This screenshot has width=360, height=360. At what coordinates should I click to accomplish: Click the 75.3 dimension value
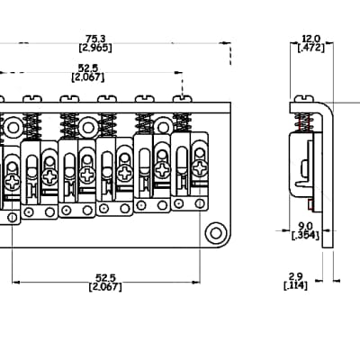tap(95, 39)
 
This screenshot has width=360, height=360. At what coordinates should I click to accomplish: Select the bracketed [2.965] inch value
tap(95, 48)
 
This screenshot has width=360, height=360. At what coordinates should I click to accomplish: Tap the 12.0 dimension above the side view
tap(311, 39)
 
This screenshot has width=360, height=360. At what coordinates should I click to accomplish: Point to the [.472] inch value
tap(311, 48)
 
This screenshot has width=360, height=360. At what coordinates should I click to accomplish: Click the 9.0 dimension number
tap(305, 226)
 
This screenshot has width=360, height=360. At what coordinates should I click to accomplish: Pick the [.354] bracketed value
tap(305, 235)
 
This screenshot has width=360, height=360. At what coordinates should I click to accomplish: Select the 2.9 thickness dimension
tap(295, 276)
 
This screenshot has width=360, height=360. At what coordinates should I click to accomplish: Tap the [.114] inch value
tap(296, 285)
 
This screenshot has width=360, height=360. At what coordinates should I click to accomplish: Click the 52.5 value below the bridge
tap(105, 278)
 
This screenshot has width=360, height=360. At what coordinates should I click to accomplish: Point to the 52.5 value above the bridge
tap(88, 67)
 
